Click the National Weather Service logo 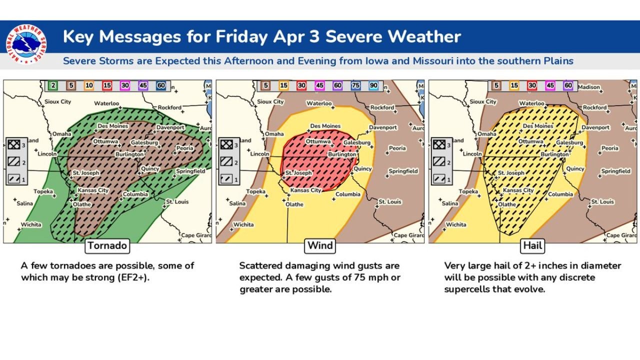coord(26,44)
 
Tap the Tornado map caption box coord(107,245)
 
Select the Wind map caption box coord(320,245)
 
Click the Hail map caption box coord(532,245)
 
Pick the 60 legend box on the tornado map coord(160,85)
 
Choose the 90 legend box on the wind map coord(373,85)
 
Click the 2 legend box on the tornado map coord(53,85)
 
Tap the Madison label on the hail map coord(588,87)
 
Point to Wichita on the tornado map coord(31,224)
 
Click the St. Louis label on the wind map coord(389,201)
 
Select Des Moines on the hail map coord(538,126)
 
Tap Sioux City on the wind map coord(270,101)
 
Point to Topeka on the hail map coord(468,191)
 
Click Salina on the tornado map coord(25,203)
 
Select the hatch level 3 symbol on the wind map coord(226,145)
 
